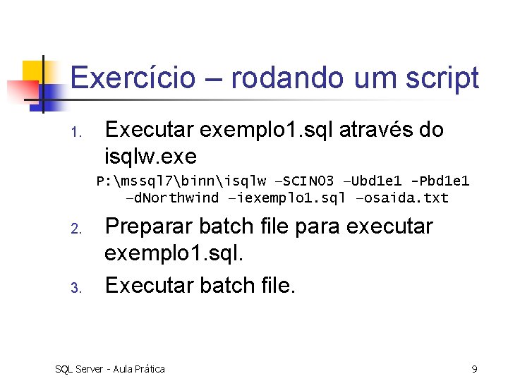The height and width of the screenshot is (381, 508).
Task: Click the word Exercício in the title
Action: (x=132, y=78)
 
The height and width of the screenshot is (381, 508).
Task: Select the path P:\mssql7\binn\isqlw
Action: (x=181, y=181)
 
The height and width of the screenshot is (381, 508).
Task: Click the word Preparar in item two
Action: (x=148, y=227)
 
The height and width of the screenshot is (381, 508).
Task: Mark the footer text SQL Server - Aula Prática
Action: (x=110, y=368)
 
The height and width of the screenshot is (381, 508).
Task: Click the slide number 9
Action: (x=474, y=368)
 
